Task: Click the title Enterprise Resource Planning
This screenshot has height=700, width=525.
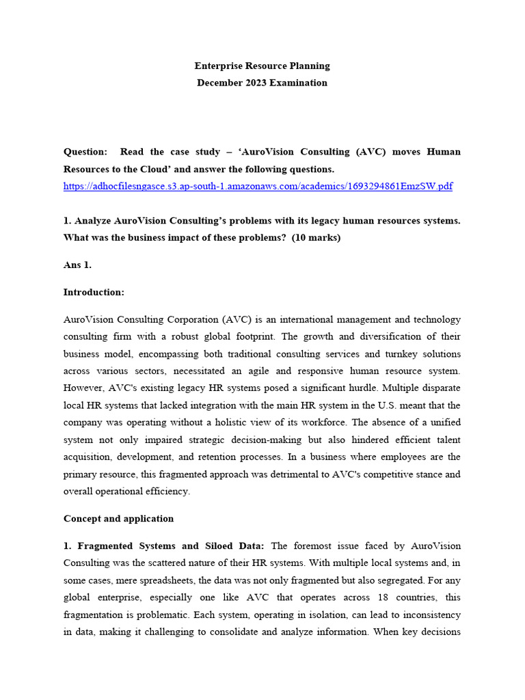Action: (262, 66)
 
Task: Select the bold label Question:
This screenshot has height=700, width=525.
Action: (85, 152)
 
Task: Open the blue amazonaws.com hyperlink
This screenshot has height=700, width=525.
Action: (258, 186)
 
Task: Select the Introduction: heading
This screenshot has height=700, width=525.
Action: (94, 292)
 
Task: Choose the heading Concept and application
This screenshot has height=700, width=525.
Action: (118, 519)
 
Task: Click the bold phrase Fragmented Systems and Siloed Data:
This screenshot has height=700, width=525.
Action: (173, 546)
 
